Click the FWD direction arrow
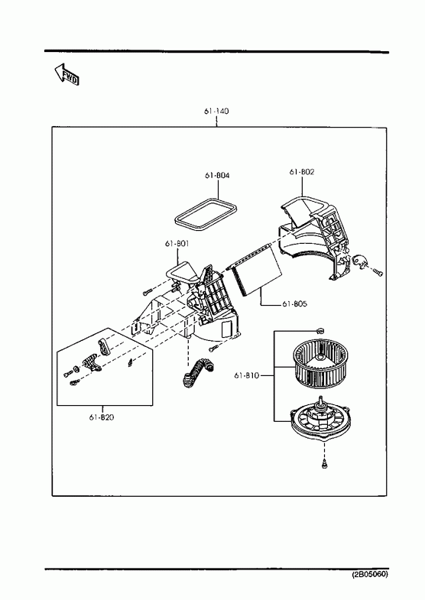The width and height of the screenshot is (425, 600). (x=67, y=74)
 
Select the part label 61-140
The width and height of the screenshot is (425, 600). (x=216, y=112)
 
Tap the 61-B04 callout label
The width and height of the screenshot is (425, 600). (x=217, y=175)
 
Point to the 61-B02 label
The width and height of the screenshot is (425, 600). (x=301, y=172)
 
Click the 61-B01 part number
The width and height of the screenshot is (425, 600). (x=177, y=243)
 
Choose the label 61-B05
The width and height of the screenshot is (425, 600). (x=294, y=304)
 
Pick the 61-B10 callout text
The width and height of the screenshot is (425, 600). (x=246, y=375)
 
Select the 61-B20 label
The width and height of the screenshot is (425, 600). (x=102, y=417)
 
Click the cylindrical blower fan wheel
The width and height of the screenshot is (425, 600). (x=321, y=365)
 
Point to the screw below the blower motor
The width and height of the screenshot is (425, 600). (x=324, y=465)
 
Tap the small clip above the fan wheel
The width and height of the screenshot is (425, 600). (x=320, y=330)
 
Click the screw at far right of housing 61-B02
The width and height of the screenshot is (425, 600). (x=378, y=273)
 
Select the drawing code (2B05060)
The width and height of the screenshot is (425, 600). (x=370, y=574)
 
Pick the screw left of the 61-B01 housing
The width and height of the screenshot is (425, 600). (x=148, y=292)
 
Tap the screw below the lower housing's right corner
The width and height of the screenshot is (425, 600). (x=213, y=348)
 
